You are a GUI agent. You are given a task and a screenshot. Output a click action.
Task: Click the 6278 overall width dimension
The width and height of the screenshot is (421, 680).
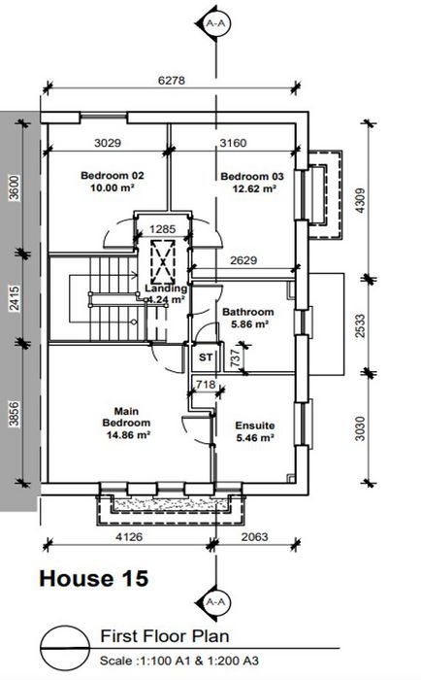click(172, 81)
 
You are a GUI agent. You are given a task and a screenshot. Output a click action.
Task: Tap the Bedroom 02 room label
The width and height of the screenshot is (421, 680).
click(113, 176)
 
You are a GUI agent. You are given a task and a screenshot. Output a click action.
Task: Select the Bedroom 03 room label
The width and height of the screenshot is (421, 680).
click(252, 177)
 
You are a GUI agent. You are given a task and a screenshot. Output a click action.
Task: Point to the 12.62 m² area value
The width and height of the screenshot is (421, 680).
click(254, 188)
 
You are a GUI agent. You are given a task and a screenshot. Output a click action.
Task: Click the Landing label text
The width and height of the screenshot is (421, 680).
click(166, 289)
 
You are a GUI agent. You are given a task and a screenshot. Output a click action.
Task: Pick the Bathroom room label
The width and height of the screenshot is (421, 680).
click(247, 312)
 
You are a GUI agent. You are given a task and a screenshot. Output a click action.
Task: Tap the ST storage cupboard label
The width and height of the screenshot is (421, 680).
click(206, 357)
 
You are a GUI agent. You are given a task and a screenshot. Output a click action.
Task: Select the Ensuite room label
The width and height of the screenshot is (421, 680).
click(255, 425)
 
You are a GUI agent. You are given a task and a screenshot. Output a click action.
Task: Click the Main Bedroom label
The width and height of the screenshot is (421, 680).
click(126, 417)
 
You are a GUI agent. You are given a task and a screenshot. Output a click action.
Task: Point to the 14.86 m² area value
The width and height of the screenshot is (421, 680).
click(128, 434)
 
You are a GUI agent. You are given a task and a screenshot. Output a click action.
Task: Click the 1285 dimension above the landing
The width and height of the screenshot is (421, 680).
click(162, 229)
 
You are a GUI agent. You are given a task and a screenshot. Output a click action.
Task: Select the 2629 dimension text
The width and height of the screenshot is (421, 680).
click(243, 260)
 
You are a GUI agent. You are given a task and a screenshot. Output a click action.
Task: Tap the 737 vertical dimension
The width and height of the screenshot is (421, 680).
click(235, 358)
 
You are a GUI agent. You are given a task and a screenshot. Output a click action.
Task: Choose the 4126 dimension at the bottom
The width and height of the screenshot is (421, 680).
click(129, 537)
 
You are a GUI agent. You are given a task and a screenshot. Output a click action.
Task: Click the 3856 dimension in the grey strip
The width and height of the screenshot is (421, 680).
click(15, 414)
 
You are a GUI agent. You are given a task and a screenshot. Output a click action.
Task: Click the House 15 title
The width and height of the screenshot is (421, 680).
click(94, 579)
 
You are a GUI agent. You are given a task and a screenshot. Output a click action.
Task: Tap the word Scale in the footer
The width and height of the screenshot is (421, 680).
click(117, 661)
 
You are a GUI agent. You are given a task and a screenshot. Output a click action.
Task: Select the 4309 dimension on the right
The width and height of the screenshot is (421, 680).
click(360, 200)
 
